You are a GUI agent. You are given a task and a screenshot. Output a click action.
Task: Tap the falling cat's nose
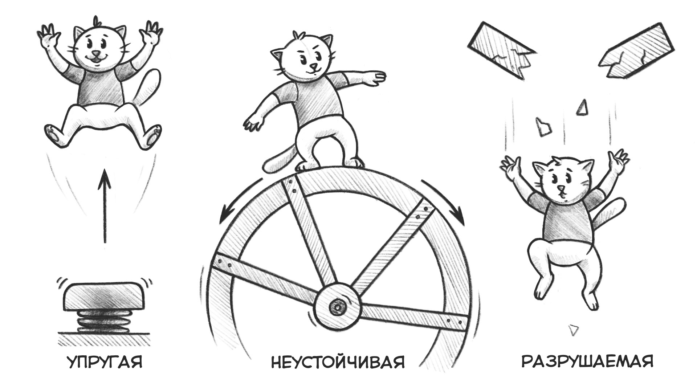point(561,189)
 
